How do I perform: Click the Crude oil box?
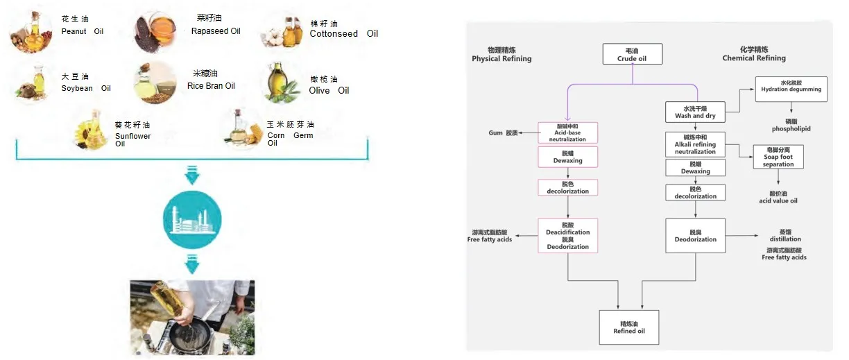pos(632,54)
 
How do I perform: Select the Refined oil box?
pos(628,327)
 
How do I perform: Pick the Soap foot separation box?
pos(778,157)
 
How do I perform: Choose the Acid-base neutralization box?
pos(567,132)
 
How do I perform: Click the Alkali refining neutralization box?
pos(695,144)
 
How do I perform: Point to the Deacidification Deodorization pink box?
pos(567,236)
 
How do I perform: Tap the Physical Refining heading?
pos(501,55)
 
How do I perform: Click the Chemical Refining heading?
pos(754,54)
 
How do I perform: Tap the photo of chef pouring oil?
pos(192,316)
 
